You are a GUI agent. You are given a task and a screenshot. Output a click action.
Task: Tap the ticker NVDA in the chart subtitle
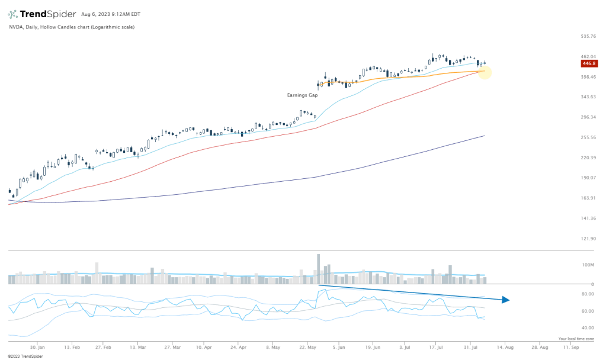[15, 27]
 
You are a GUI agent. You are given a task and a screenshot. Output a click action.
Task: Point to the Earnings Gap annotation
[302, 95]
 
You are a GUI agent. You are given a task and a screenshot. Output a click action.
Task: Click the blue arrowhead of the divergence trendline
[505, 300]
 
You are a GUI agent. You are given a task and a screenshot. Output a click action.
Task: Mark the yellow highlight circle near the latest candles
[483, 72]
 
